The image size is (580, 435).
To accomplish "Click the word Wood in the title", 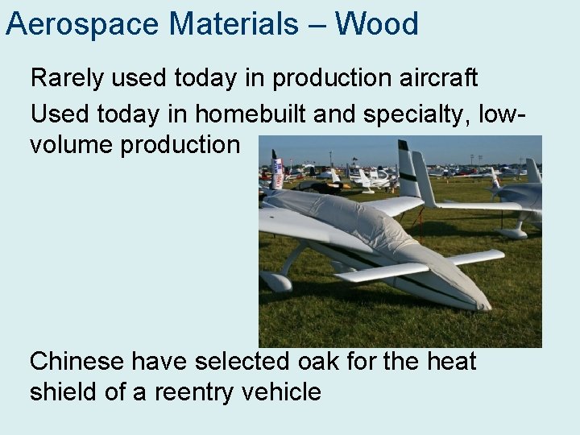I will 379,24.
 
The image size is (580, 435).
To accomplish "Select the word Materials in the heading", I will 234,24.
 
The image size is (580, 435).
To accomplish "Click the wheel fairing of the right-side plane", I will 512,233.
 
